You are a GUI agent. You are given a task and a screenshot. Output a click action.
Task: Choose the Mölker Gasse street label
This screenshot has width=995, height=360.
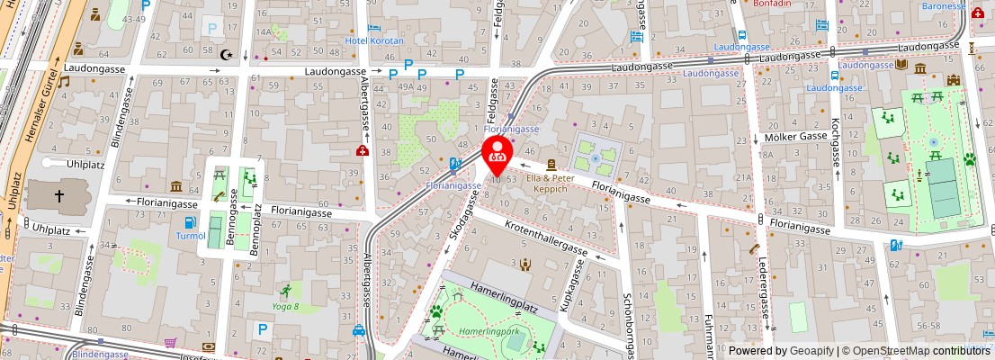(795, 137)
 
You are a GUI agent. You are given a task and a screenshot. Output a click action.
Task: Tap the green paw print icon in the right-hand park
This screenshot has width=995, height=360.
(970, 159)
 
